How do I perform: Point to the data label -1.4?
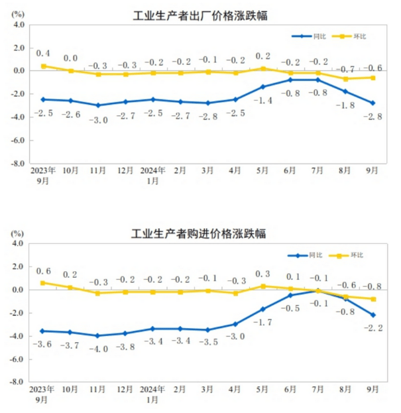pyautogui.click(x=264, y=99)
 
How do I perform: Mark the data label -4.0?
pyautogui.click(x=98, y=348)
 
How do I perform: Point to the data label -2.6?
pyautogui.click(x=70, y=114)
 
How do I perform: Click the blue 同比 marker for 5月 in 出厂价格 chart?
pyautogui.click(x=263, y=87)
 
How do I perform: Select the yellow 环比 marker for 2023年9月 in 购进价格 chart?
pyautogui.click(x=43, y=283)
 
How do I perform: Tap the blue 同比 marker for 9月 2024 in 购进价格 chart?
pyautogui.click(x=373, y=315)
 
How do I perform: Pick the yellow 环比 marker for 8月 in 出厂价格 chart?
pyautogui.click(x=346, y=79)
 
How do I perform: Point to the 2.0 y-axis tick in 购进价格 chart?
pyautogui.click(x=18, y=267)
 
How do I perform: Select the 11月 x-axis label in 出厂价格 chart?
pyautogui.click(x=98, y=170)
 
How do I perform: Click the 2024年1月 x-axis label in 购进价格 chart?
pyautogui.click(x=153, y=394)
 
